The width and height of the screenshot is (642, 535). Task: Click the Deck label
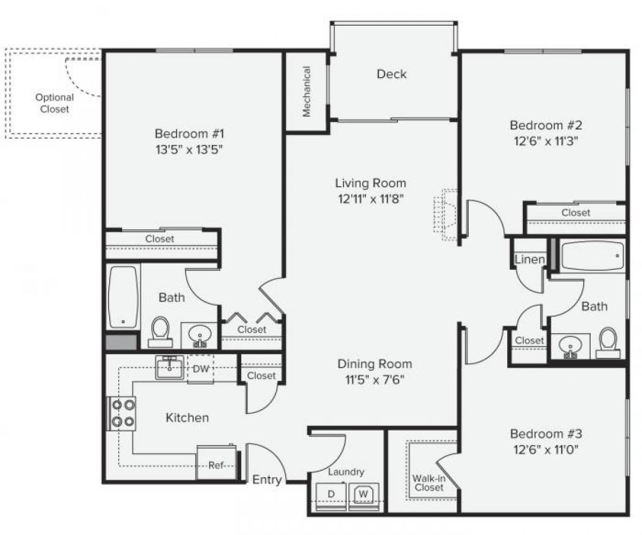(392, 74)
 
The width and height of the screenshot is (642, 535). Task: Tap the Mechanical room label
(307, 91)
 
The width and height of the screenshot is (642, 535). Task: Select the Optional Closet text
(55, 103)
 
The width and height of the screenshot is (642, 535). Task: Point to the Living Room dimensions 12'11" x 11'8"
(370, 199)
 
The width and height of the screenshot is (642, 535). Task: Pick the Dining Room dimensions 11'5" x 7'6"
(374, 380)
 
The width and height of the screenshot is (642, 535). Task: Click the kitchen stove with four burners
(123, 413)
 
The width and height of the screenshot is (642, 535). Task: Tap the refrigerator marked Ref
(216, 464)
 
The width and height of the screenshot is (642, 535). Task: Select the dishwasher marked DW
(200, 368)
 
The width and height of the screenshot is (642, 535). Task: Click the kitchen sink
(170, 367)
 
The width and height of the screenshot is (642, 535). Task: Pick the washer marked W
(364, 493)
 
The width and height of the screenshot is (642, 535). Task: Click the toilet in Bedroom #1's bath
(160, 331)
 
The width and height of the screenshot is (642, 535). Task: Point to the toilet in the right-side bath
(608, 343)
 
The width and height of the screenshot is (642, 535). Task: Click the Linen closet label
(530, 260)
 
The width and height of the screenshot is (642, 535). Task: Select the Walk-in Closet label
(428, 483)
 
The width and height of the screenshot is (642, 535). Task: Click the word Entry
(267, 480)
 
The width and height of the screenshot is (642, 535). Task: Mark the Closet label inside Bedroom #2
(576, 213)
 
